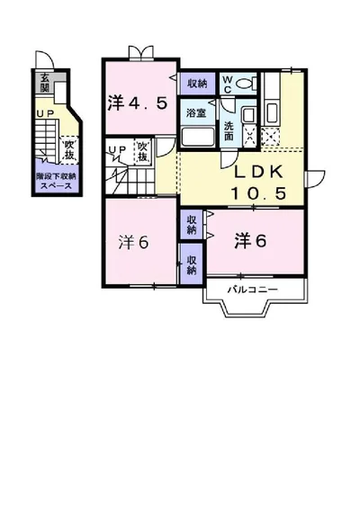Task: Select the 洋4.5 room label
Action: (x=137, y=103)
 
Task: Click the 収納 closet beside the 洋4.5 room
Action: (x=196, y=83)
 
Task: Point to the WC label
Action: (x=228, y=84)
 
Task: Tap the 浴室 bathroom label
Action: (x=195, y=112)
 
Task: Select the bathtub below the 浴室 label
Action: (x=197, y=137)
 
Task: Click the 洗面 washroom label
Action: (x=229, y=130)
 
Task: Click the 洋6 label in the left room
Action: (x=132, y=242)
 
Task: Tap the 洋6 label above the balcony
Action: (x=251, y=240)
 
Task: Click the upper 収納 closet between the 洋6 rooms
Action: (x=192, y=224)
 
